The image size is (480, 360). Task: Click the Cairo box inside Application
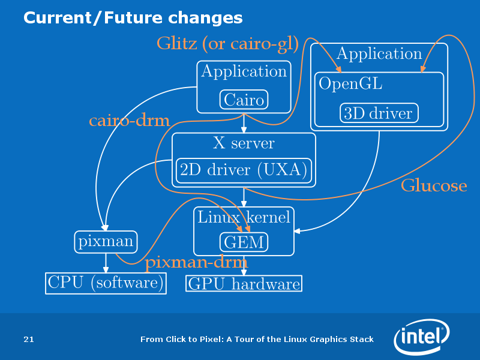click(x=244, y=100)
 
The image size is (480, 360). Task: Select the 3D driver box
click(x=379, y=113)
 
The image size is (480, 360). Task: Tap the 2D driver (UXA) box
click(x=244, y=170)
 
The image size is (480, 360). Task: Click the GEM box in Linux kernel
click(x=244, y=242)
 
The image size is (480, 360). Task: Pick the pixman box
click(x=106, y=242)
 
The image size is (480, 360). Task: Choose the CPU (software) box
click(x=106, y=283)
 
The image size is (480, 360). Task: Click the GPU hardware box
click(x=244, y=283)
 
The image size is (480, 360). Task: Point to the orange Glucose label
click(x=434, y=185)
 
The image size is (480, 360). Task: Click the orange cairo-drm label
click(x=129, y=121)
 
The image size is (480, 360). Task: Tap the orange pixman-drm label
click(x=196, y=263)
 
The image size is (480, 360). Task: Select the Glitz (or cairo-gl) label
click(x=228, y=43)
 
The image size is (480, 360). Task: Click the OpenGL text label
click(x=350, y=83)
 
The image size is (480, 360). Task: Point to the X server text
click(x=244, y=143)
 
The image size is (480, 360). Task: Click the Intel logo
click(x=422, y=336)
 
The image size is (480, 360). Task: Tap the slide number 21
click(x=29, y=339)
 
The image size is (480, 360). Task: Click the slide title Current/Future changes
click(x=133, y=18)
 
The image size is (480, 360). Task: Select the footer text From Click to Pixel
click(x=257, y=339)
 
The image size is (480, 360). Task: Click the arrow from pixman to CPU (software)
click(x=106, y=263)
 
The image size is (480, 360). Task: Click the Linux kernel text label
click(x=244, y=217)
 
